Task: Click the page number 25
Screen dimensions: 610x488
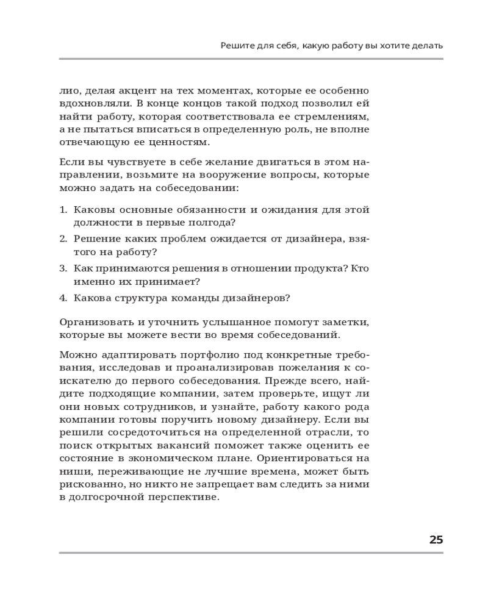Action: coord(436,539)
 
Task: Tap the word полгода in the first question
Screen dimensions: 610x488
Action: coord(210,223)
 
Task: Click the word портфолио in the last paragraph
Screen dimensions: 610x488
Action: coord(207,355)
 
